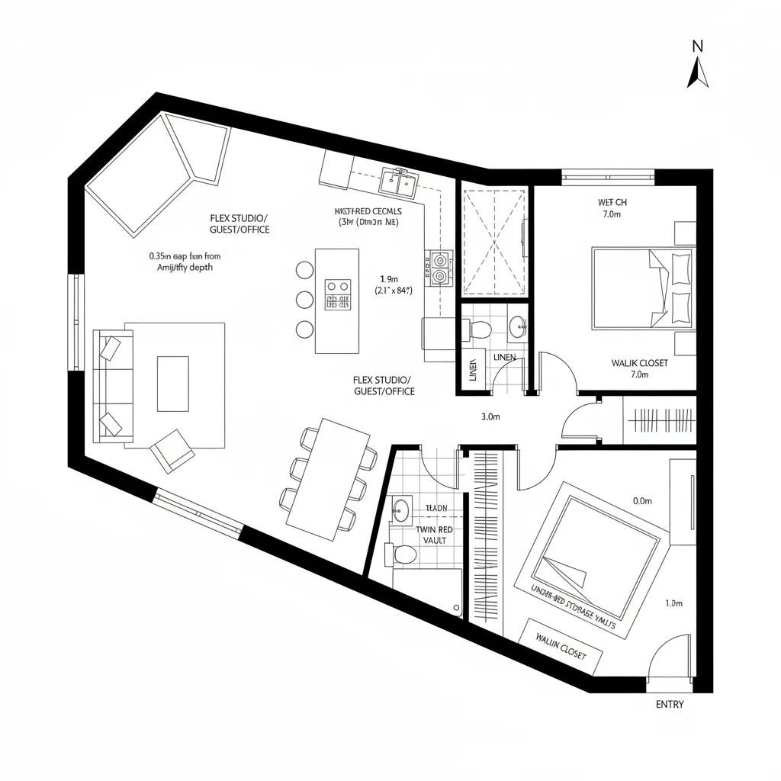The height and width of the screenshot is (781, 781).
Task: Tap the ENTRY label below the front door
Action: [670, 704]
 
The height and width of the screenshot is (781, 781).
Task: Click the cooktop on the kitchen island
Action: [337, 294]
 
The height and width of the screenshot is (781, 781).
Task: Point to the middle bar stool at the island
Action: [304, 299]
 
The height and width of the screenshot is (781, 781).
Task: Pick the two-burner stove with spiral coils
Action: [440, 268]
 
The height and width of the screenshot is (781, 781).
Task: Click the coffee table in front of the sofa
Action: [172, 383]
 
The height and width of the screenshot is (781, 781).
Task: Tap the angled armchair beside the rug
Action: [173, 449]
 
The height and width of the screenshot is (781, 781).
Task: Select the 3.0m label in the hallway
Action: [490, 417]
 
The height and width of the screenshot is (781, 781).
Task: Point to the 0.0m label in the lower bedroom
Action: [642, 501]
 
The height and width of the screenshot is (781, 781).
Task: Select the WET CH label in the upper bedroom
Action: [612, 202]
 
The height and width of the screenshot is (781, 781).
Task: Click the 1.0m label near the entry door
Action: [673, 603]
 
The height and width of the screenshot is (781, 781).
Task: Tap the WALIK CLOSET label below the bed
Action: [639, 363]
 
